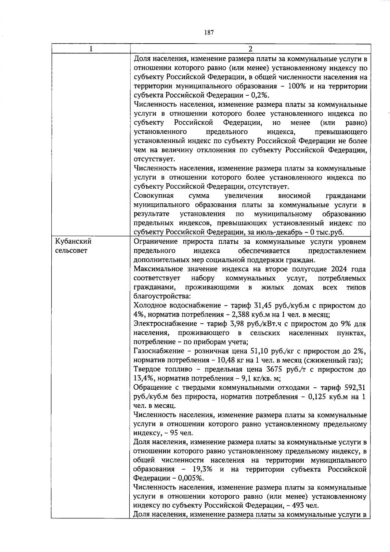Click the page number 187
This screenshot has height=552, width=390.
pyautogui.click(x=209, y=33)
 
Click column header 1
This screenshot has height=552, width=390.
pyautogui.click(x=91, y=49)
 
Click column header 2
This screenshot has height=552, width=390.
pyautogui.click(x=250, y=49)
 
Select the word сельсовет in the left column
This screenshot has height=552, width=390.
pyautogui.click(x=71, y=251)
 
